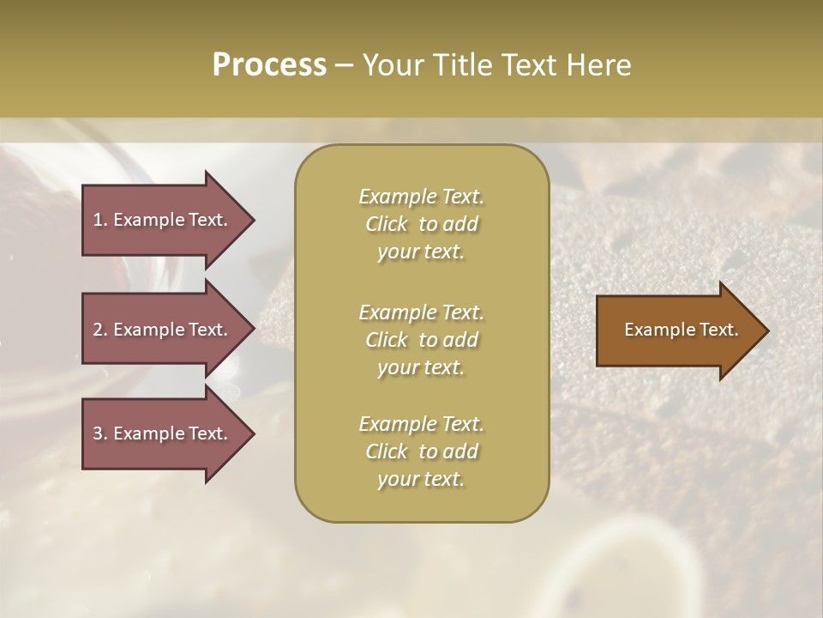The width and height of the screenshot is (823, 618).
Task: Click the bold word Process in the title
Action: pos(269,65)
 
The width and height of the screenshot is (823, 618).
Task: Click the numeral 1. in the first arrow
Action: pos(100,220)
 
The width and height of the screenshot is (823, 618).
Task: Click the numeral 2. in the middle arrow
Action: pos(100,330)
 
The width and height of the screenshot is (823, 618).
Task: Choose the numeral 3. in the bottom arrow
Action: pos(100,433)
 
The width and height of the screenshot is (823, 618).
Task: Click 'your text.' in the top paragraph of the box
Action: pos(421,252)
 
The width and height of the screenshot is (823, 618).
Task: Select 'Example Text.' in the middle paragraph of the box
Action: pos(421,312)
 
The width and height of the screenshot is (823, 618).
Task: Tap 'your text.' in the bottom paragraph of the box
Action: pos(421,480)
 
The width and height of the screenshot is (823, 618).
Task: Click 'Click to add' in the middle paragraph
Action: pos(421,340)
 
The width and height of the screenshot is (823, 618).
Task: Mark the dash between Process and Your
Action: pos(344,65)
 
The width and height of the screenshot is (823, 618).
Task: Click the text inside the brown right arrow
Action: pos(681,330)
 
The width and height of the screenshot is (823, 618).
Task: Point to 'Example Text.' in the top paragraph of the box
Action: pos(421,197)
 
